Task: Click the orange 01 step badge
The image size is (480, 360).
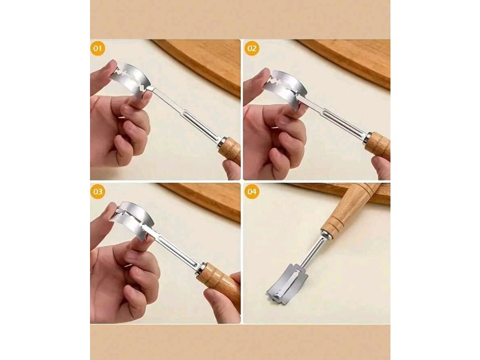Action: click(x=97, y=48)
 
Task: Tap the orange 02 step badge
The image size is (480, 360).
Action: click(x=252, y=48)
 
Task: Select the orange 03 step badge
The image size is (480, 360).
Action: click(x=97, y=192)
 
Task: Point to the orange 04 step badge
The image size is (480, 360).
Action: click(x=252, y=192)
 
